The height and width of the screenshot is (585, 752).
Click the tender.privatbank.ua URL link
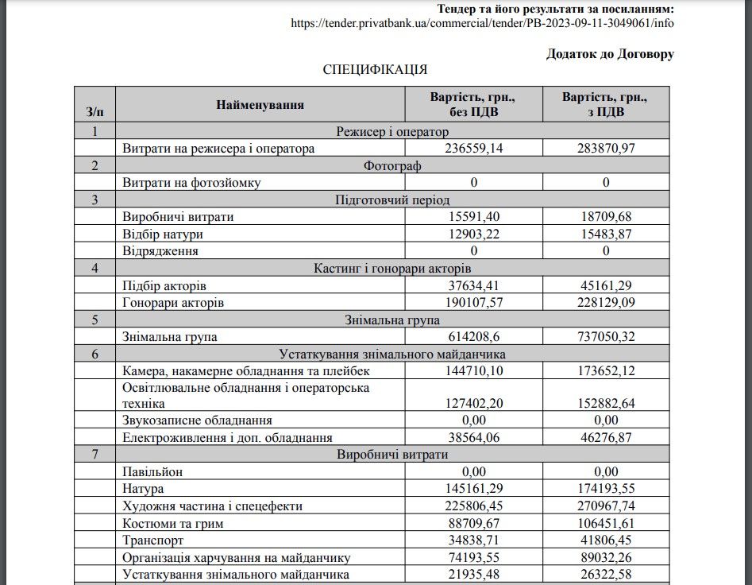tap(482, 23)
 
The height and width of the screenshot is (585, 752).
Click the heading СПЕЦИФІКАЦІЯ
tap(375, 70)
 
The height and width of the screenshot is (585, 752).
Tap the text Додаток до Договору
tap(610, 54)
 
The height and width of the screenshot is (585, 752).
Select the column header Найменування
tap(260, 105)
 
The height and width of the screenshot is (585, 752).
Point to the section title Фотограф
tap(392, 165)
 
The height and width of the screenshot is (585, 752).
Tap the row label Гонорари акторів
tap(173, 303)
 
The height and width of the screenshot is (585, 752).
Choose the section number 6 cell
tap(94, 354)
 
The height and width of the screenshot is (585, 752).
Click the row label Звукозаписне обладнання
tap(197, 420)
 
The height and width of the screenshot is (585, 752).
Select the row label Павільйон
tap(152, 471)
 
